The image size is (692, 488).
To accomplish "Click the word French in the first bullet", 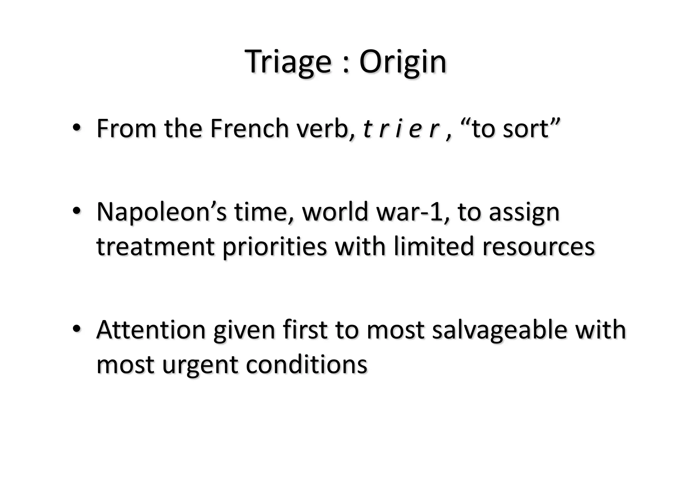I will click(249, 129).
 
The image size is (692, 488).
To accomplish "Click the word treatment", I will click(156, 247).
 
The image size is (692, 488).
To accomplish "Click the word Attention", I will click(151, 330).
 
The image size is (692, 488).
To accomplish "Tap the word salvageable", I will click(499, 330).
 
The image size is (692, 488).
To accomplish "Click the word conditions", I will click(306, 364).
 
